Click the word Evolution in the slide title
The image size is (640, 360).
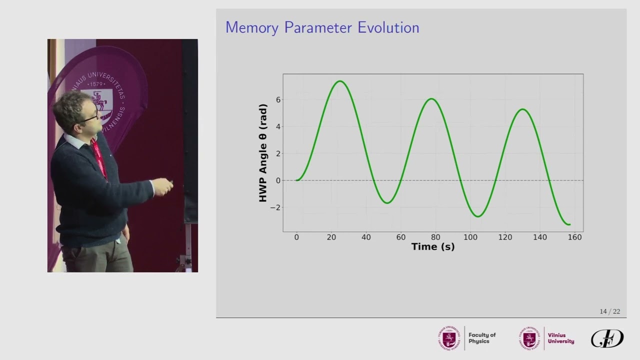click(388, 27)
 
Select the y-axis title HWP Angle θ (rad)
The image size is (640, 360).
click(263, 153)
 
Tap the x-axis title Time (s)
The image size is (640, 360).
click(432, 246)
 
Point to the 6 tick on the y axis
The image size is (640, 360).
click(278, 99)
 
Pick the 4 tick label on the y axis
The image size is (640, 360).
click(278, 126)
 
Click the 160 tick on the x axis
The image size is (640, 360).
click(574, 237)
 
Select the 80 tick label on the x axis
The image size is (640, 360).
click(435, 237)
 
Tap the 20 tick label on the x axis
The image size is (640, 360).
click(331, 237)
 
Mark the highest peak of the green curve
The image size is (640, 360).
click(340, 81)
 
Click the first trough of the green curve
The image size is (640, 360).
click(387, 203)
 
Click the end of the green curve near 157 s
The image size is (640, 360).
click(569, 224)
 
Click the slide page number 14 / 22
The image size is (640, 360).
click(609, 311)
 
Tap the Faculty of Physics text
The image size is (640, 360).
click(482, 338)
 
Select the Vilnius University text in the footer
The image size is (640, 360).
click(560, 338)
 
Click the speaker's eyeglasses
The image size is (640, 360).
click(90, 118)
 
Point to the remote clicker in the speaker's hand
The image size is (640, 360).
click(170, 183)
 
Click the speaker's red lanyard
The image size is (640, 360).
click(99, 158)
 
